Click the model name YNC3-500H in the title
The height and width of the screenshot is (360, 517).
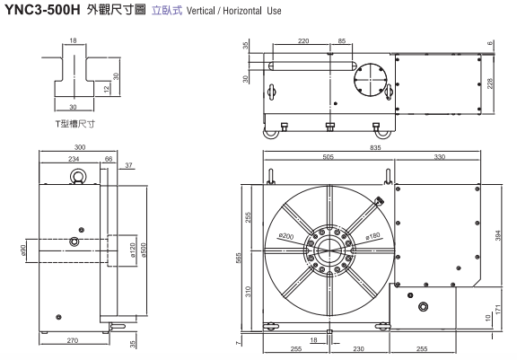42,10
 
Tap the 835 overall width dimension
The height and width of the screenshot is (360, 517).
375,148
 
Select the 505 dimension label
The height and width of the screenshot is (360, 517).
329,157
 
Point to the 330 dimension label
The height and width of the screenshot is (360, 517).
440,157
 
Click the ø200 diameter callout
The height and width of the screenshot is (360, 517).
285,236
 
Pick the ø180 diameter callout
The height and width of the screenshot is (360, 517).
372,236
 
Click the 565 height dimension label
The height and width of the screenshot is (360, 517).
239,258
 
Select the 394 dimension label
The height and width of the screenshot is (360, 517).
498,235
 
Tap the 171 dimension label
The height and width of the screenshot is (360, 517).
498,309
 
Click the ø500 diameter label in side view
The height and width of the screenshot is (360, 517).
144,250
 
